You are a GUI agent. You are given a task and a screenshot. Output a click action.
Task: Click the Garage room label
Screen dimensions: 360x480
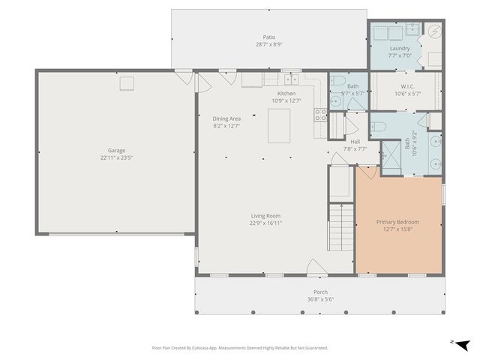pos(115,150)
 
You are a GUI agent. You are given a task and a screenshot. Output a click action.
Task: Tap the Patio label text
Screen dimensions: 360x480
pos(268,37)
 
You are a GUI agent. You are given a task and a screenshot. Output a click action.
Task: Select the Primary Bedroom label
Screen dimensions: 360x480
pos(397,222)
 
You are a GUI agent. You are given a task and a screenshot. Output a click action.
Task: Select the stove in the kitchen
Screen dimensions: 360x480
pos(320,115)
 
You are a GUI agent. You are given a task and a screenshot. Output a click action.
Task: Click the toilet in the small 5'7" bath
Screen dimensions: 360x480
pos(337,82)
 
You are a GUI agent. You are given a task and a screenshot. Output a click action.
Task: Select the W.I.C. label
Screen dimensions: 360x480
pos(407,86)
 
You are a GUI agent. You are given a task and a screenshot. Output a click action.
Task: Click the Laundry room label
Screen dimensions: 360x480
pos(400,49)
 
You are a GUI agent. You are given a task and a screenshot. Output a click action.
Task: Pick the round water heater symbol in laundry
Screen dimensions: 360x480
pos(436,32)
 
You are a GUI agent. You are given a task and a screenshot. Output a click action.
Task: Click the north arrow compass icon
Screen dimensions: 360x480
pos(462,343)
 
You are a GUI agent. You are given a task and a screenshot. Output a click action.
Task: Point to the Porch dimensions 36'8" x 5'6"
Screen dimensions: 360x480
pos(320,299)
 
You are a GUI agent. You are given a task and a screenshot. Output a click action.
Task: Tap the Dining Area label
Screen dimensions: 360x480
pos(226,118)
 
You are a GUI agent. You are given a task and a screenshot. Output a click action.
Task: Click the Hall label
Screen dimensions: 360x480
pos(355,141)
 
